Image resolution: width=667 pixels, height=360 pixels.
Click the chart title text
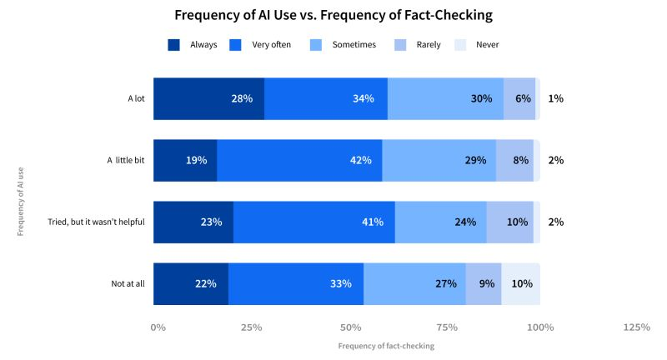pyautogui.click(x=333, y=15)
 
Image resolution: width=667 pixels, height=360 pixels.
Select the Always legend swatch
pyautogui.click(x=174, y=44)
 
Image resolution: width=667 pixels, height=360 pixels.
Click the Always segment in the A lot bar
pyautogui.click(x=208, y=98)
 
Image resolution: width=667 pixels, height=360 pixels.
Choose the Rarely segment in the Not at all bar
pyautogui.click(x=484, y=283)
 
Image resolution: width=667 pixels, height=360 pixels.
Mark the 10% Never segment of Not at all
pyautogui.click(x=520, y=283)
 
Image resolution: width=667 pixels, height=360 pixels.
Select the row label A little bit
pyautogui.click(x=125, y=160)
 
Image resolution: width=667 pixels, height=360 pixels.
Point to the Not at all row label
pyautogui.click(x=128, y=283)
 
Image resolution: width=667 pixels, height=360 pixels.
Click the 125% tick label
pyautogui.click(x=636, y=327)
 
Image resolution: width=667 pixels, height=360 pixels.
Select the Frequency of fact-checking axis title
pyautogui.click(x=386, y=346)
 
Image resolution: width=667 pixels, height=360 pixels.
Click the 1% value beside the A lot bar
pyautogui.click(x=555, y=98)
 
